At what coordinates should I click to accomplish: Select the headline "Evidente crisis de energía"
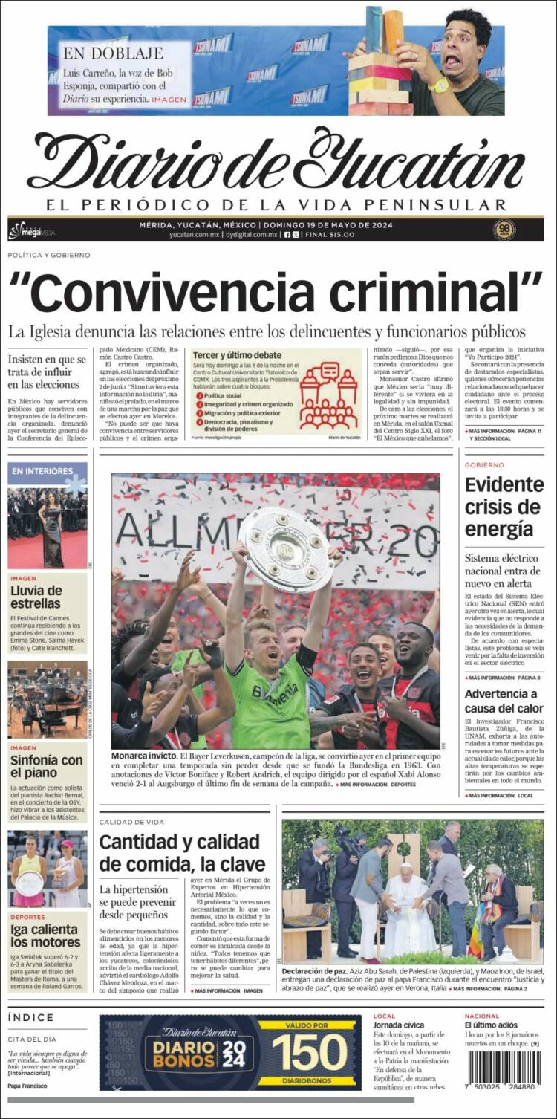[x=504, y=507]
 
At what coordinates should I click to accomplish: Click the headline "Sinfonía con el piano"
[x=47, y=767]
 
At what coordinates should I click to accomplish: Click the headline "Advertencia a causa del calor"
[x=504, y=701]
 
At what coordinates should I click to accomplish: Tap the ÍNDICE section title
[x=31, y=1017]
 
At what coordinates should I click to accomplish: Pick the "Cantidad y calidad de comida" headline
[x=182, y=853]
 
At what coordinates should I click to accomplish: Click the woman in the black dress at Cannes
[x=51, y=528]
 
